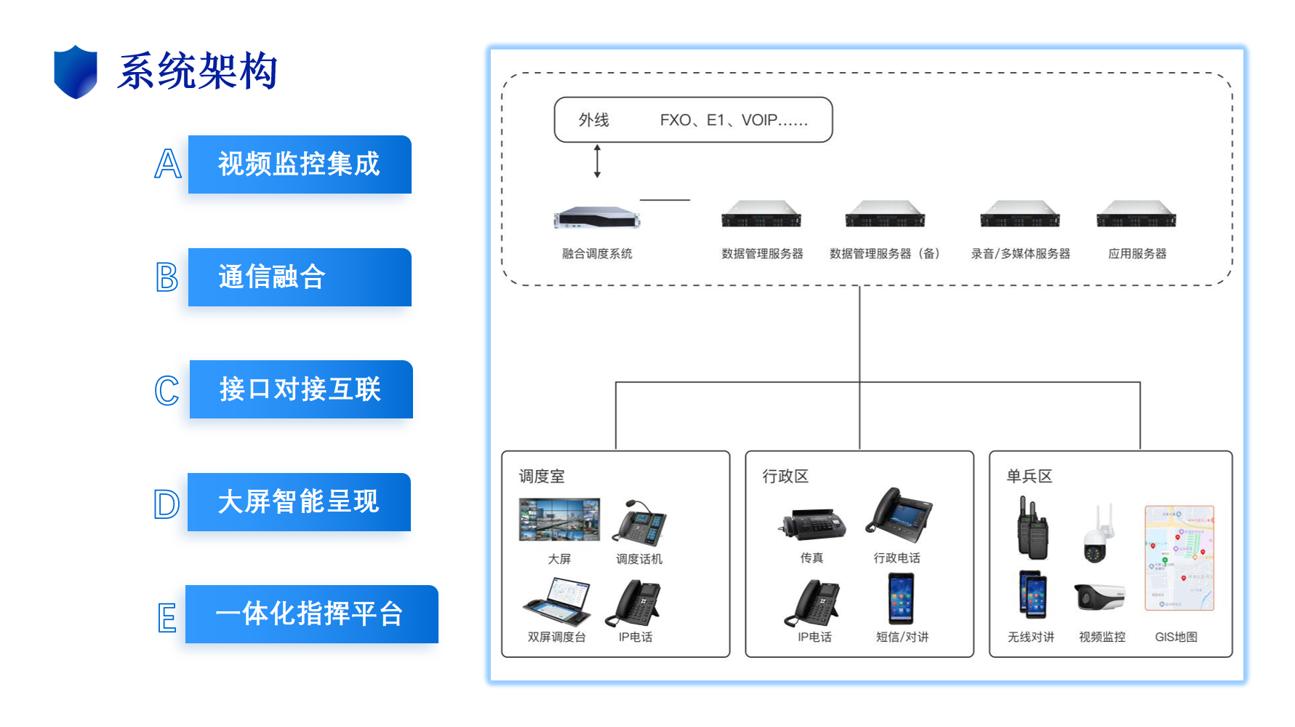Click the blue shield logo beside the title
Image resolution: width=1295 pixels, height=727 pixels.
(x=76, y=71)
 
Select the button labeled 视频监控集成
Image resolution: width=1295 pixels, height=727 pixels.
(x=300, y=164)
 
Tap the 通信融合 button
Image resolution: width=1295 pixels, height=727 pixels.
(x=300, y=277)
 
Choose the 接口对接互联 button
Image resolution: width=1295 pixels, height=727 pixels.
(x=301, y=389)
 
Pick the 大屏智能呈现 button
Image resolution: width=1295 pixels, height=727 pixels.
(x=299, y=502)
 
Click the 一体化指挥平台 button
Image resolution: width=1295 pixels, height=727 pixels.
(x=311, y=614)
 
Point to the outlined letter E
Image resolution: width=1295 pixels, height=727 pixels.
(x=167, y=618)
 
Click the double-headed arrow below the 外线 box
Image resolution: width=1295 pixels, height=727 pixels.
(x=597, y=161)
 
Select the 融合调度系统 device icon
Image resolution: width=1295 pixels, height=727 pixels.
(x=596, y=217)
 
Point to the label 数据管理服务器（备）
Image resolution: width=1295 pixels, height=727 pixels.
(x=885, y=254)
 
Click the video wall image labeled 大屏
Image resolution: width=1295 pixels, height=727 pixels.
(x=559, y=520)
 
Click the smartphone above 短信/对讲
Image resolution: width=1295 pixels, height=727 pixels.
(x=901, y=598)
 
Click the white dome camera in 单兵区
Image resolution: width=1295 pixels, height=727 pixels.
(x=1097, y=535)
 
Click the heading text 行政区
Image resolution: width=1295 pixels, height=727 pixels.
(x=785, y=477)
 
